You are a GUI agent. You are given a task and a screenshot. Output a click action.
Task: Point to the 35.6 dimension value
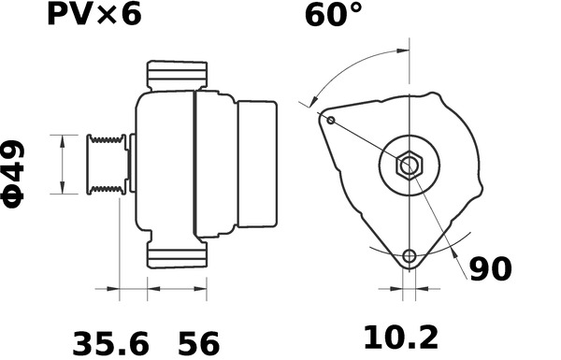[111, 342]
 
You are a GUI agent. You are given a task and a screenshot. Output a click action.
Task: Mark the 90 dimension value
[491, 269]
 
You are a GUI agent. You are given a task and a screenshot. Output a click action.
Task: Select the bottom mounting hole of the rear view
[409, 257]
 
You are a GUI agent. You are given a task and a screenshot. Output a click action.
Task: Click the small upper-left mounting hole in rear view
[330, 120]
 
